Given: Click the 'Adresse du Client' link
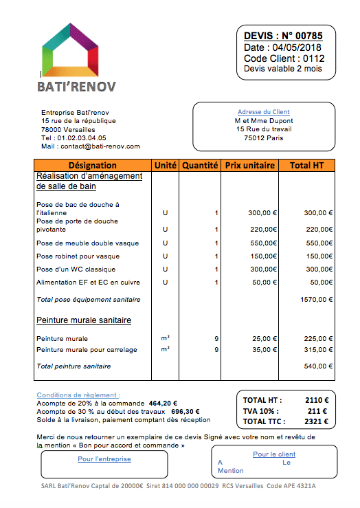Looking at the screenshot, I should click(263, 112).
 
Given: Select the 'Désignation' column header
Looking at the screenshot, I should click(93, 166).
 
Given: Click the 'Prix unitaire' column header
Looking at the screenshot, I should click(249, 166).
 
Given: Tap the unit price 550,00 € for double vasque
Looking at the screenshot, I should click(262, 243).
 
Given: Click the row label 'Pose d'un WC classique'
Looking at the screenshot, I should click(76, 269).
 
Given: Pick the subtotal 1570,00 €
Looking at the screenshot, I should click(316, 300).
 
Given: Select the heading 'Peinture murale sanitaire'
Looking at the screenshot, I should click(83, 320).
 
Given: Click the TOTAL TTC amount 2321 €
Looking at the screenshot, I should click(317, 421).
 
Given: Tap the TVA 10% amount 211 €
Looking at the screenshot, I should click(319, 410).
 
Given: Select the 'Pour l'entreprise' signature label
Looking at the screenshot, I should click(104, 459).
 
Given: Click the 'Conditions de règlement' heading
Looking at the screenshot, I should click(78, 395).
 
